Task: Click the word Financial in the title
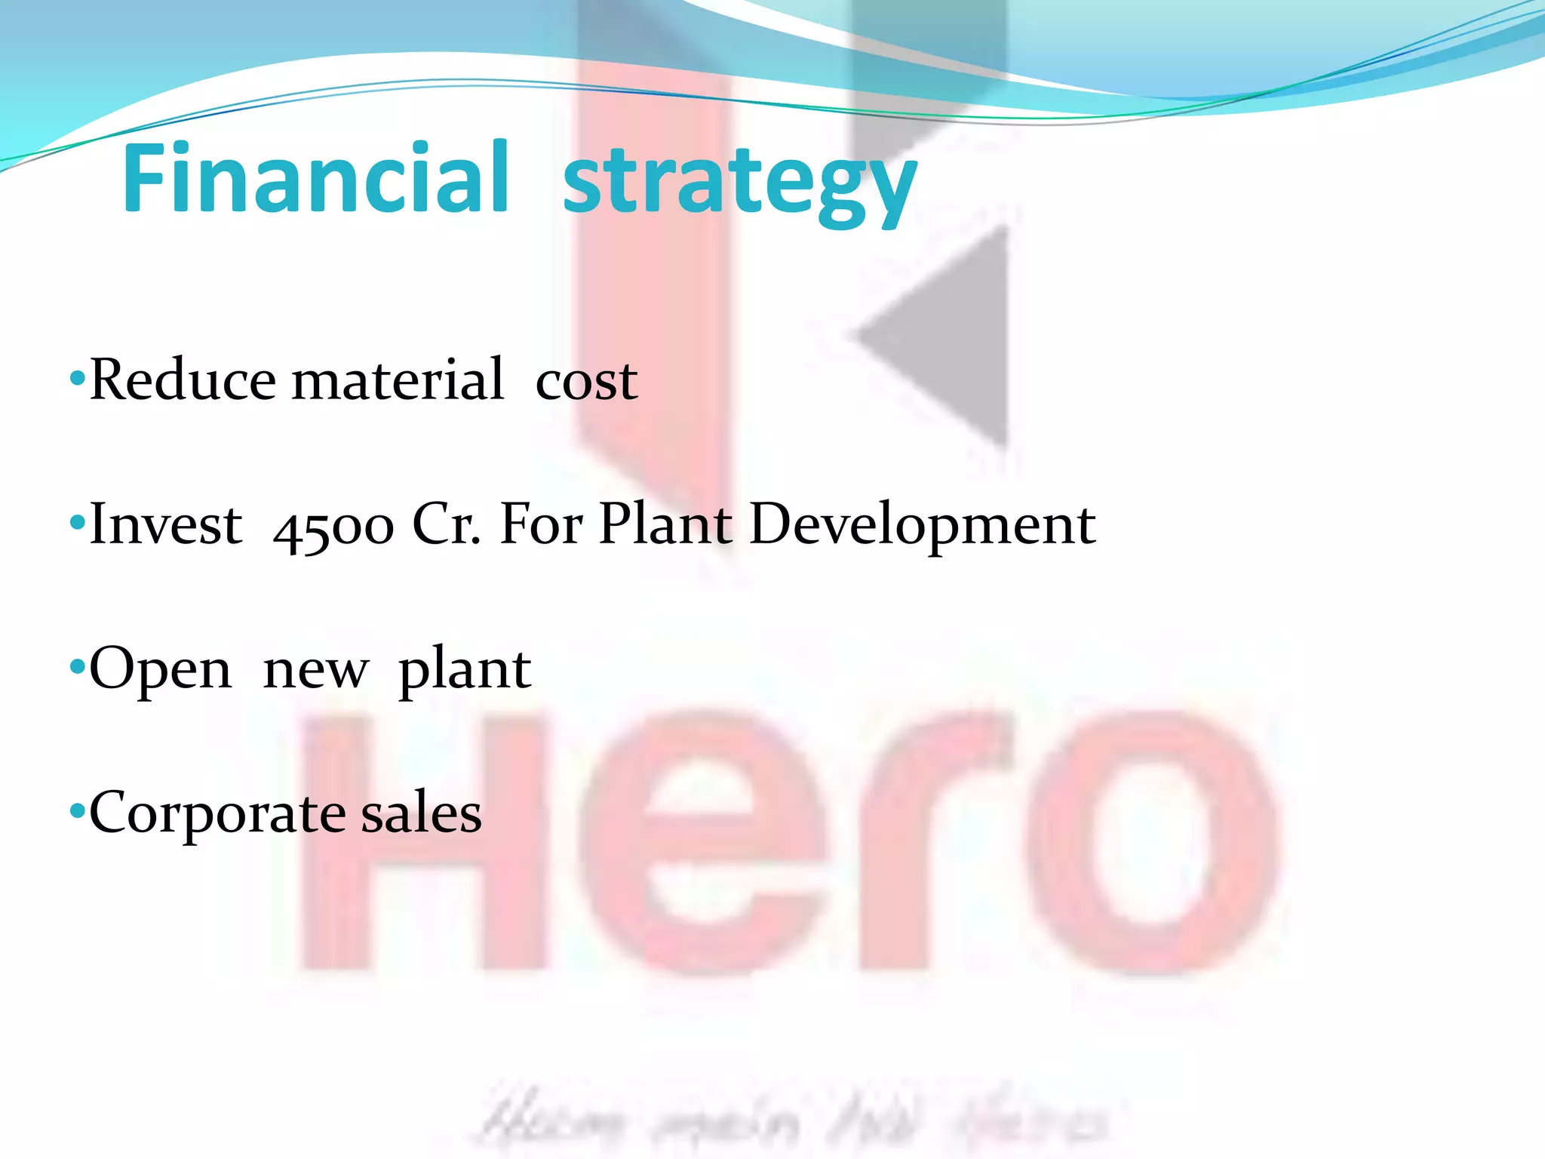point(315,178)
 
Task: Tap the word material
point(398,379)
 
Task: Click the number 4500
point(333,527)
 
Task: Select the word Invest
point(166,524)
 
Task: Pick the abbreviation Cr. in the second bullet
point(447,524)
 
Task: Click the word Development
point(922,525)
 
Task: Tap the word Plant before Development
point(665,524)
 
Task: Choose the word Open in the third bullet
point(160,670)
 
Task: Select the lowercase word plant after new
point(464,670)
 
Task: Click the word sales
point(421,813)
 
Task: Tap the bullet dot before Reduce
point(76,377)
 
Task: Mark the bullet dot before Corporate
point(76,812)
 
